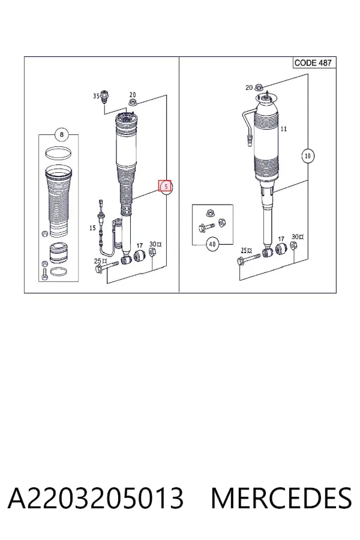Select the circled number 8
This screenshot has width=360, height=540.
coord(62,134)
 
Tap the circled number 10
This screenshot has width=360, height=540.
coord(308,155)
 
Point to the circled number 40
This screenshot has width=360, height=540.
coord(212,244)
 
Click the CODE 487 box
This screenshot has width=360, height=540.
coord(313,62)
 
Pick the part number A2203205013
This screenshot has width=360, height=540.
coord(95,498)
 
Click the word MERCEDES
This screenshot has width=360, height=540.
coord(281,498)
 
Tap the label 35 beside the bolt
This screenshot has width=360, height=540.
coord(97,96)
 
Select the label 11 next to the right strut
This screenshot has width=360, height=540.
coord(284,129)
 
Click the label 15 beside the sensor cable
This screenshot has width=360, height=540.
coord(92,227)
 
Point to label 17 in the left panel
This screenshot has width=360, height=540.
coord(139,245)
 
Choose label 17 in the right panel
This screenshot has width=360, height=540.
coord(281,239)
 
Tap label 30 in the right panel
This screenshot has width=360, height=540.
coord(297,236)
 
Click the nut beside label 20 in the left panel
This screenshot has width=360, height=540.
coord(133,101)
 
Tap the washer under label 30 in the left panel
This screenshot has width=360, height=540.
coord(152,252)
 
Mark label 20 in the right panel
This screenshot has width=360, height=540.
coord(249,88)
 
